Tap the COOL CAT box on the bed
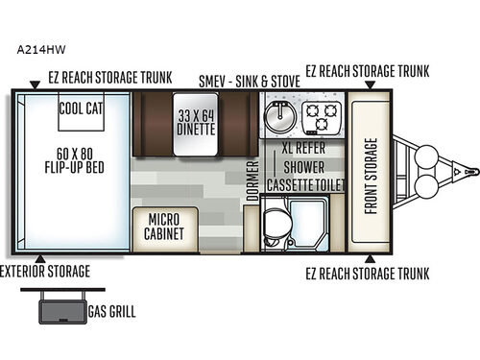(82, 109)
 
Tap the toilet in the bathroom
(275, 222)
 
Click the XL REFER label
(302, 150)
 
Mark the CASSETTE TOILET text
(302, 185)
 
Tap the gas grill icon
(62, 310)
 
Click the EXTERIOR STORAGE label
(45, 272)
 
